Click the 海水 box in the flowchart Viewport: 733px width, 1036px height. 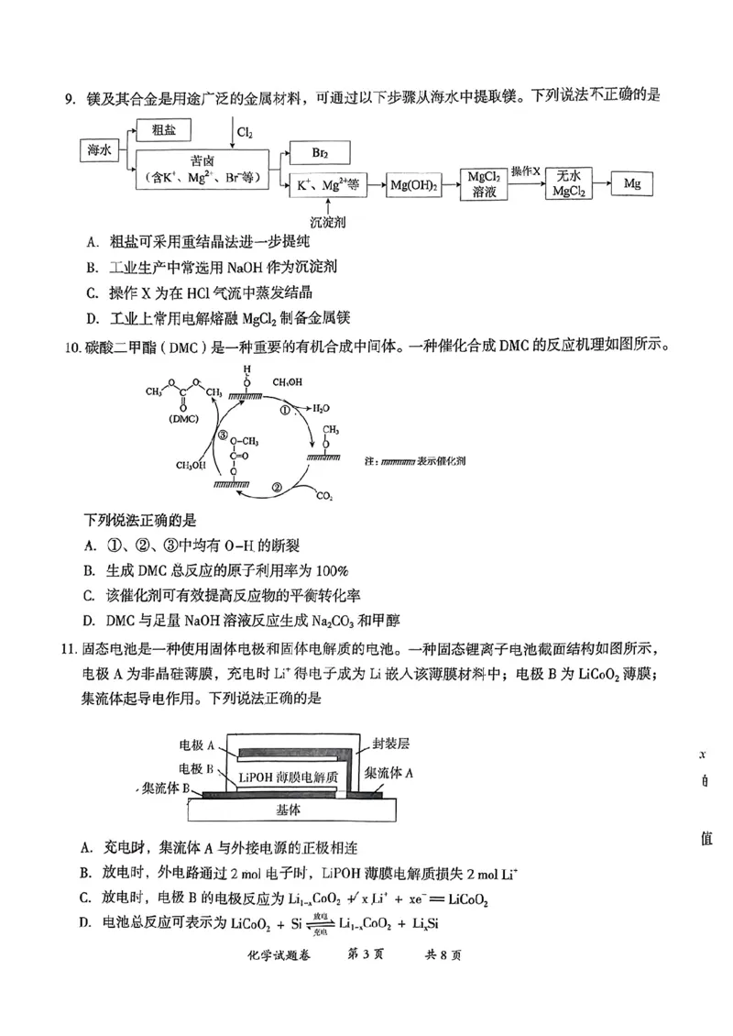pos(100,149)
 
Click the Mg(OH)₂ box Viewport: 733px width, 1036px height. pos(415,185)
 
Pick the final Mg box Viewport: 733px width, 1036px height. pos(632,184)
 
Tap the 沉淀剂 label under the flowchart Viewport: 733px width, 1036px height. pos(327,222)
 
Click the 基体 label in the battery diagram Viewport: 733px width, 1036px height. pos(289,810)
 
